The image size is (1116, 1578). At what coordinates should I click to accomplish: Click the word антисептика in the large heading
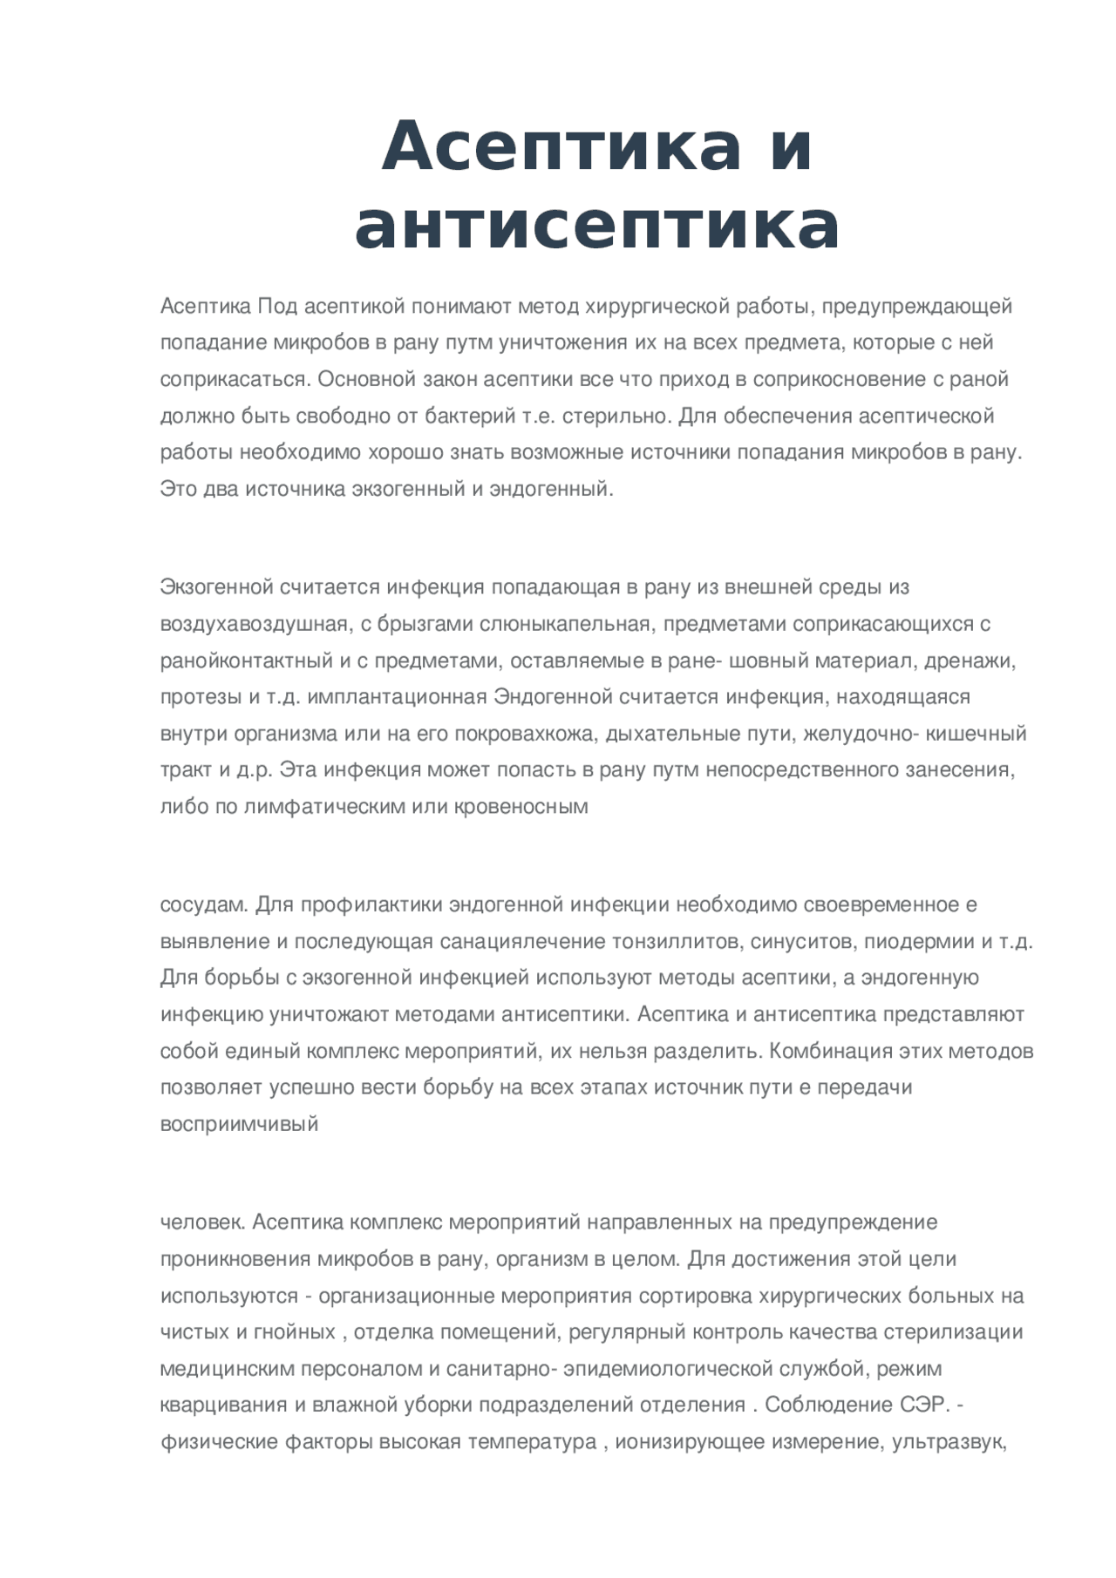(597, 226)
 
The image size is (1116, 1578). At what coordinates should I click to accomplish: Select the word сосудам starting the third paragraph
(204, 904)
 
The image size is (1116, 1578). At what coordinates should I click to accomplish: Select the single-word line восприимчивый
(239, 1124)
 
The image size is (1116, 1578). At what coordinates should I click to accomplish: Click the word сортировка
(695, 1296)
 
